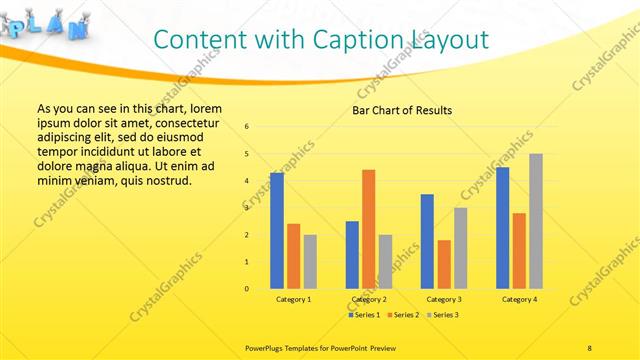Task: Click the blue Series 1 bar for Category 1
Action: pos(276,230)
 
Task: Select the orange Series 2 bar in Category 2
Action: pos(368,229)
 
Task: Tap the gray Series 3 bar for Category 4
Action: pos(536,221)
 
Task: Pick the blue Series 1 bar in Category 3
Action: pos(427,241)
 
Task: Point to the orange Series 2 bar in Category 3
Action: pos(444,264)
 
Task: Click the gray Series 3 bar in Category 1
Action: pos(310,261)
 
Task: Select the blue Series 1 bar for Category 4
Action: pos(502,228)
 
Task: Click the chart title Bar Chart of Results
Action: pos(401,110)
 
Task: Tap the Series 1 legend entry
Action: pos(363,315)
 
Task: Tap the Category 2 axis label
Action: pos(369,299)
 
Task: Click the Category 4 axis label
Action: pos(519,299)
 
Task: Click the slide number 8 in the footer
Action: pos(589,347)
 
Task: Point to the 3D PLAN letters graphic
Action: pos(45,24)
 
